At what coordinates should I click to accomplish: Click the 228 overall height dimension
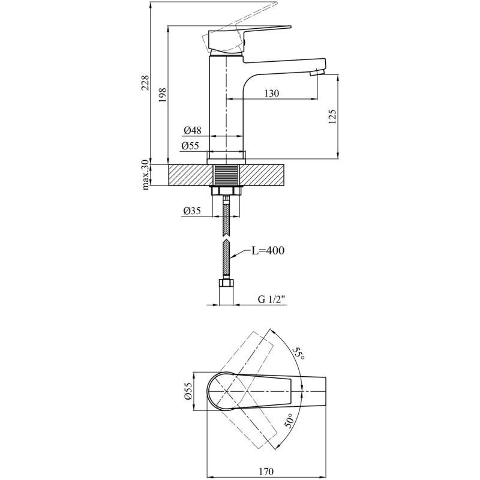(145, 82)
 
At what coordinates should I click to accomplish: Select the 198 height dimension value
(162, 95)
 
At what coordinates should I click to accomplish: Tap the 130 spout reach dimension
(272, 93)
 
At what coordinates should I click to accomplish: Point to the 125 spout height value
(332, 116)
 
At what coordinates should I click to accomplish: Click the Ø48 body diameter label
(193, 130)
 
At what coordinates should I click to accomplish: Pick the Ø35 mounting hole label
(192, 211)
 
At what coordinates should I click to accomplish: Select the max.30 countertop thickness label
(146, 175)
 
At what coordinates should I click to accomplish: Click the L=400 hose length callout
(268, 251)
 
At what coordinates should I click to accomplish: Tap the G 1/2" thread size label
(272, 299)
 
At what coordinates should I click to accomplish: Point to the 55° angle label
(298, 353)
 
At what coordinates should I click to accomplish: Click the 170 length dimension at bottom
(266, 472)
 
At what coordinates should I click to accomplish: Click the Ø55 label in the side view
(190, 146)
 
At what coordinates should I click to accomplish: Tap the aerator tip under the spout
(317, 73)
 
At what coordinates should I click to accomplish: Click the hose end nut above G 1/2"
(227, 283)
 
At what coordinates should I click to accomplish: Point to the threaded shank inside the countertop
(226, 175)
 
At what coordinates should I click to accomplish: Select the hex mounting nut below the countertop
(226, 191)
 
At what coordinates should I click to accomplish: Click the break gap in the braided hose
(226, 238)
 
